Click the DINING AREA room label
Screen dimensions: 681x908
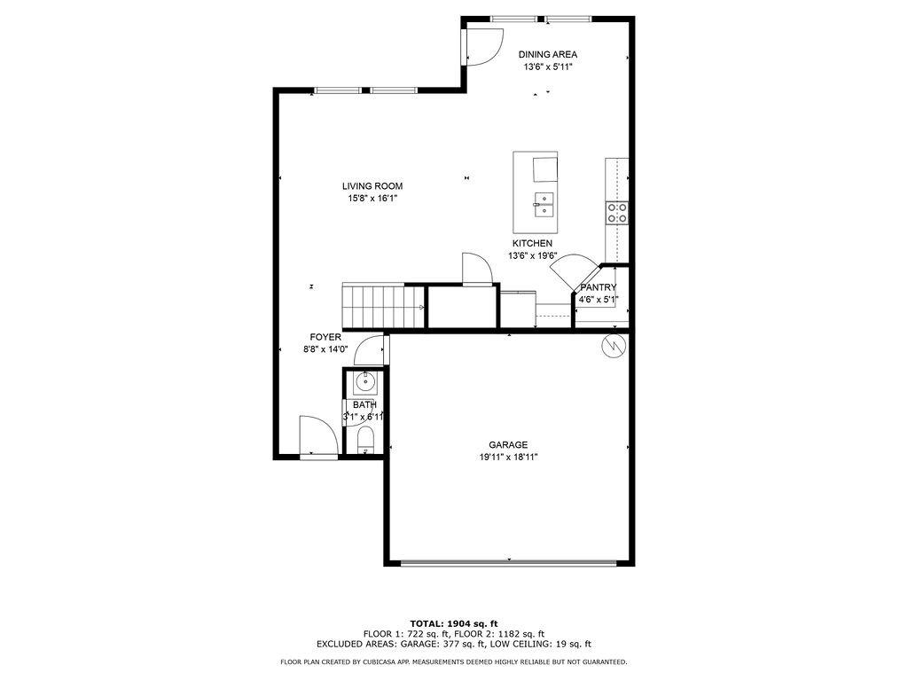(547, 54)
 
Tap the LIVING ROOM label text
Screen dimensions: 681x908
(372, 186)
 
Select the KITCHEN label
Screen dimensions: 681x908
(532, 243)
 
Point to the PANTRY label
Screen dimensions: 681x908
(598, 287)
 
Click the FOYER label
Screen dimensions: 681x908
(325, 337)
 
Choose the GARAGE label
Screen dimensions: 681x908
(508, 445)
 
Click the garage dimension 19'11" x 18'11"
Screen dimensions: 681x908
(508, 458)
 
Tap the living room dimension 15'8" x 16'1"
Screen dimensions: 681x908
(372, 199)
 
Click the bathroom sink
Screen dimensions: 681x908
(364, 382)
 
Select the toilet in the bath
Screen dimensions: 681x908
(364, 439)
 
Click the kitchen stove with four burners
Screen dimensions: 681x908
(617, 212)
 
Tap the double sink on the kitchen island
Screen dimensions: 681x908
(544, 204)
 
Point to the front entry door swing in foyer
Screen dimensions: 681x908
(317, 436)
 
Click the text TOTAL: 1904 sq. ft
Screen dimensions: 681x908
(453, 622)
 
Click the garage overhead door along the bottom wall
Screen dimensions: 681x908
(508, 562)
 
